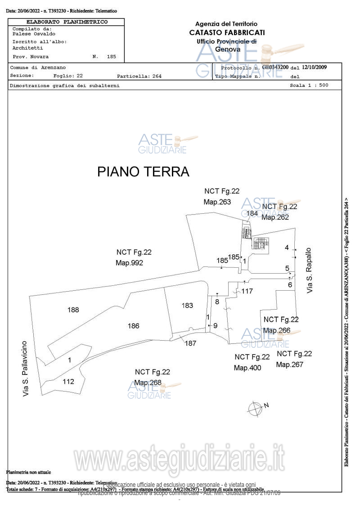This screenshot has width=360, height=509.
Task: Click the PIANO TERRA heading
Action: (143, 172)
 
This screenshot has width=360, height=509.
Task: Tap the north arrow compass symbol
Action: (255, 409)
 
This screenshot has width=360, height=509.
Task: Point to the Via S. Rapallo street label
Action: (309, 270)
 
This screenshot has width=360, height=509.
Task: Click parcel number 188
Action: (73, 310)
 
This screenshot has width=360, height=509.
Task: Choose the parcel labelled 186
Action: (133, 326)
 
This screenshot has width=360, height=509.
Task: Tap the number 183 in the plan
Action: (187, 306)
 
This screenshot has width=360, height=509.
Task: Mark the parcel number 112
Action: (68, 382)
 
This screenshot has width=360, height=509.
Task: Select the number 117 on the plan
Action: (247, 291)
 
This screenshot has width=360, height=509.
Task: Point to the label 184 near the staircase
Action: (252, 213)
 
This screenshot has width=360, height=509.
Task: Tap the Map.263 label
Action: (217, 202)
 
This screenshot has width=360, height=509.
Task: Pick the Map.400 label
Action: (247, 368)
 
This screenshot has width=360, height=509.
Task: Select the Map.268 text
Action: (148, 383)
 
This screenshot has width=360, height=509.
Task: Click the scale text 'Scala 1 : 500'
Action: (309, 85)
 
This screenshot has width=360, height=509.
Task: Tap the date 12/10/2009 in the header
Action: (315, 67)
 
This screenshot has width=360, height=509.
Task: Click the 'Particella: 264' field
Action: (139, 76)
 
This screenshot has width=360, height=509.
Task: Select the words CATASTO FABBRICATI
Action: (227, 32)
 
